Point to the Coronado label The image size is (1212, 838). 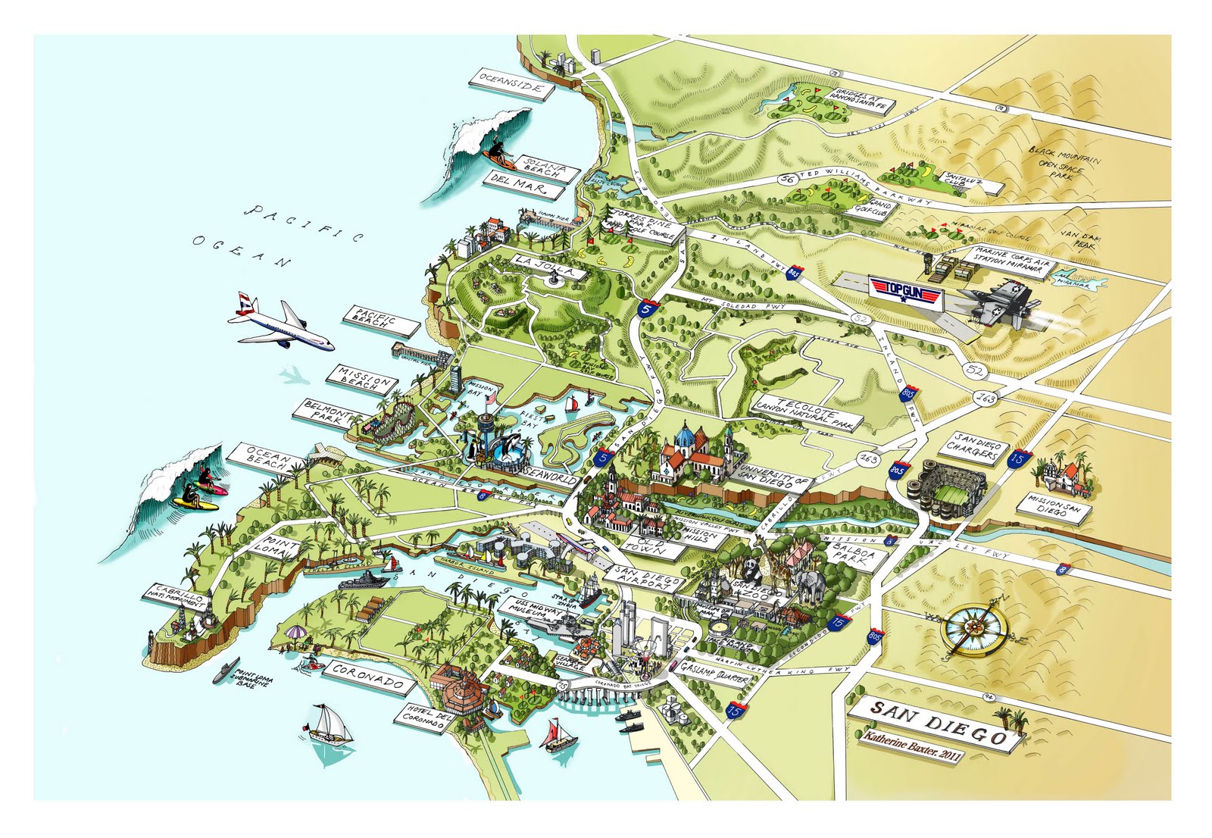368,676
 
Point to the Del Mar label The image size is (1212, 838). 519,184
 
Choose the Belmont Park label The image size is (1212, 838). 328,414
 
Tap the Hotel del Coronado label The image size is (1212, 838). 423,718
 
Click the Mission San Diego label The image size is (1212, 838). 1054,506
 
